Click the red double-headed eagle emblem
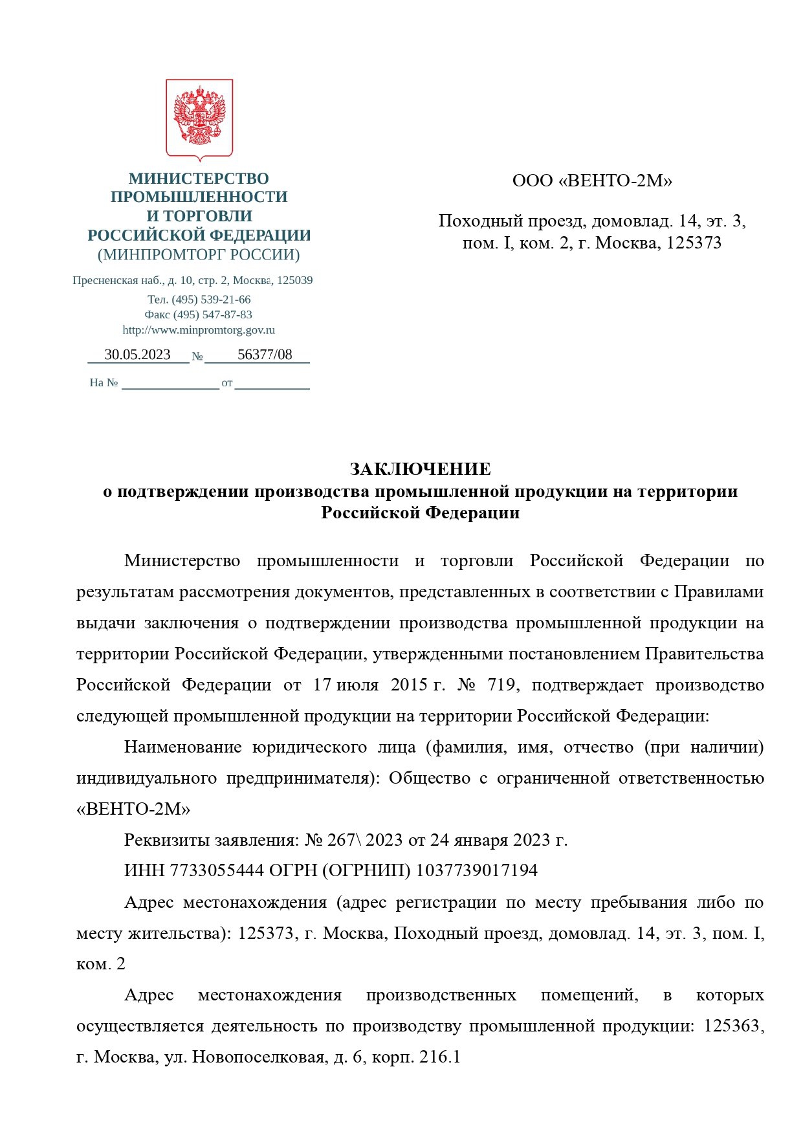[x=199, y=117]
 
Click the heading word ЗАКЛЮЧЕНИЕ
[x=420, y=468]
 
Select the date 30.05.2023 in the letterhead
[x=137, y=355]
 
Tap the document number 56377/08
[x=265, y=355]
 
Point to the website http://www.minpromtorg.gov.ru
[x=199, y=330]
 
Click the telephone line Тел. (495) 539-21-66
[x=199, y=300]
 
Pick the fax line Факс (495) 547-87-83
[x=199, y=314]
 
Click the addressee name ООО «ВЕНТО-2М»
[x=592, y=181]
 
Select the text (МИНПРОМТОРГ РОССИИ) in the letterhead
[x=199, y=255]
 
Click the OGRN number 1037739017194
[x=476, y=870]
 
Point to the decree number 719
[x=501, y=685]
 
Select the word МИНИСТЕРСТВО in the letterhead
[x=199, y=179]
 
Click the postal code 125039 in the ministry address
[x=294, y=281]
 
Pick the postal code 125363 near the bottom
[x=732, y=1026]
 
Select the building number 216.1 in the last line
[x=439, y=1057]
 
